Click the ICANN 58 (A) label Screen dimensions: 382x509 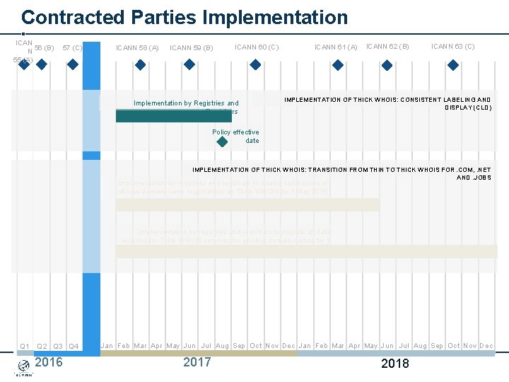click(137, 48)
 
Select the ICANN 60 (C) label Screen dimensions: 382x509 click(257, 47)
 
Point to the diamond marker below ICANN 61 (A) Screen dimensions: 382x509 click(337, 64)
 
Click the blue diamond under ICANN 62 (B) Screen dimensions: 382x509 click(387, 64)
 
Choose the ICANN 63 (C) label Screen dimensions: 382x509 click(452, 47)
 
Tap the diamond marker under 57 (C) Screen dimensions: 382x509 click(73, 64)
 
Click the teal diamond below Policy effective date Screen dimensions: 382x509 click(222, 141)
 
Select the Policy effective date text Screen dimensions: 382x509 click(235, 136)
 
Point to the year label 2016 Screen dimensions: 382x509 click(48, 363)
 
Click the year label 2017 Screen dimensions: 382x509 click(197, 363)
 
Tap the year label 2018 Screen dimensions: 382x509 click(394, 364)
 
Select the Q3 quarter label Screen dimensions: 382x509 click(58, 347)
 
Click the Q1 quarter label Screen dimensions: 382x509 click(24, 347)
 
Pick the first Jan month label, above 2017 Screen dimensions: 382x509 click(107, 346)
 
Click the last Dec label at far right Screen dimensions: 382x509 click(486, 346)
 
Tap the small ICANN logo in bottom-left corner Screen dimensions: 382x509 click(23, 367)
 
